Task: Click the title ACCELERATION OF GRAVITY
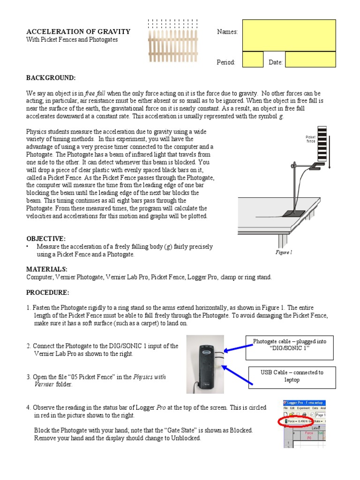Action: [78, 31]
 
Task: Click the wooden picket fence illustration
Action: [173, 41]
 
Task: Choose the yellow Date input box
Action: [310, 60]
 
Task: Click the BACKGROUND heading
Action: [51, 77]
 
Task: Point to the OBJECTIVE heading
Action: [45, 239]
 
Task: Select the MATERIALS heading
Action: [47, 270]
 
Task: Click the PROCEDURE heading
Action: [47, 292]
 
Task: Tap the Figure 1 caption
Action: [284, 252]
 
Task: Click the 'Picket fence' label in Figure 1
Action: [310, 139]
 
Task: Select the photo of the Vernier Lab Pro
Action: [205, 364]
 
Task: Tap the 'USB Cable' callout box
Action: [292, 376]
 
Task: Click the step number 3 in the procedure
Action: [29, 377]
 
